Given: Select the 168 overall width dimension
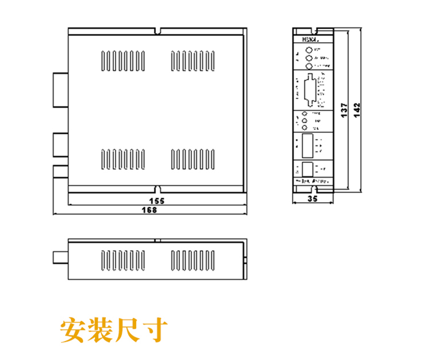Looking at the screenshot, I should (x=149, y=210).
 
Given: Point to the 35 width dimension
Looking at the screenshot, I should (x=311, y=199).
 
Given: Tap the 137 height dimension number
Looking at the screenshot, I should (x=343, y=110).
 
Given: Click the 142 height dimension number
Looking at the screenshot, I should (x=356, y=110).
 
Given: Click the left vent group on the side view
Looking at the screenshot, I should (x=121, y=260).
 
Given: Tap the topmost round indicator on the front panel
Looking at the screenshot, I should (x=309, y=50).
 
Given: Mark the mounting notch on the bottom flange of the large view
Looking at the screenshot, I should (x=158, y=188).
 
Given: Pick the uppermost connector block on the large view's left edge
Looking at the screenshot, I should (x=60, y=89).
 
